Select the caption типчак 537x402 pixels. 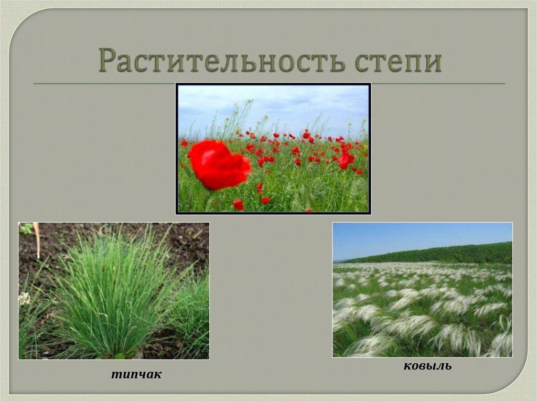(136, 374)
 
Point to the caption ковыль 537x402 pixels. (427, 366)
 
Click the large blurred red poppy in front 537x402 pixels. (219, 165)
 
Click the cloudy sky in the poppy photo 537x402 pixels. (273, 105)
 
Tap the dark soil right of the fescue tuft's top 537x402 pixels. (184, 246)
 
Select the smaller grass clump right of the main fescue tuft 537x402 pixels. (191, 314)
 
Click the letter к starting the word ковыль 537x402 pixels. (407, 366)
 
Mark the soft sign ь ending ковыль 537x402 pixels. (447, 366)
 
